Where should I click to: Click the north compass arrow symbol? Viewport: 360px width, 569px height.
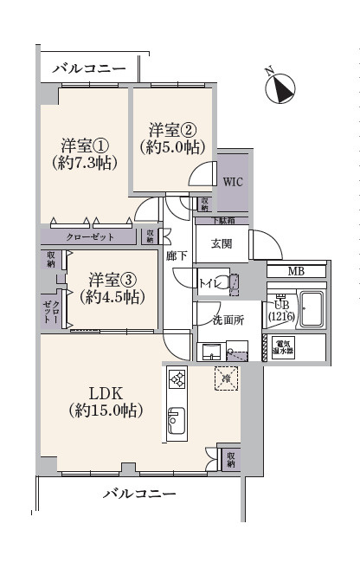click(280, 86)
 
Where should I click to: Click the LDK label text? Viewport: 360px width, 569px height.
click(106, 401)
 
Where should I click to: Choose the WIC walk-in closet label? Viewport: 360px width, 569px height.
click(233, 183)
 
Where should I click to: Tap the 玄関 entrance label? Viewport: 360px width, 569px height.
click(222, 244)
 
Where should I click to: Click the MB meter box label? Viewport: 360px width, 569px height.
click(296, 271)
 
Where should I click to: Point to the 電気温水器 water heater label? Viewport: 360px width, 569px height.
click(284, 349)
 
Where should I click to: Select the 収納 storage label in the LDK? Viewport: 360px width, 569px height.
click(229, 459)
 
